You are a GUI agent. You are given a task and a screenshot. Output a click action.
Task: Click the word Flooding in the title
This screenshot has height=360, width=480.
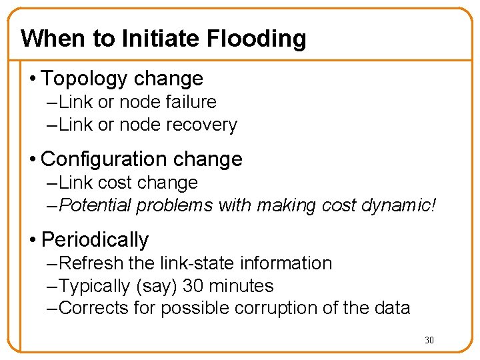[x=257, y=39]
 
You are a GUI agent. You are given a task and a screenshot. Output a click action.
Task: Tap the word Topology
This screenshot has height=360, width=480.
[x=84, y=79]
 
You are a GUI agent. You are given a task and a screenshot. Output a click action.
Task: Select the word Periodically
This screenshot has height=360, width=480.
[x=95, y=239]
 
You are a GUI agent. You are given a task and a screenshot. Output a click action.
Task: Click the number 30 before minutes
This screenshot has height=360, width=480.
[x=193, y=286]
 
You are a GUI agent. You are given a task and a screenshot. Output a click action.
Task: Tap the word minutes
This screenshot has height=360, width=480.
[x=241, y=286]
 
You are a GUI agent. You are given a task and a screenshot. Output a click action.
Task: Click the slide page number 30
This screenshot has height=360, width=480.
[x=429, y=341]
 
